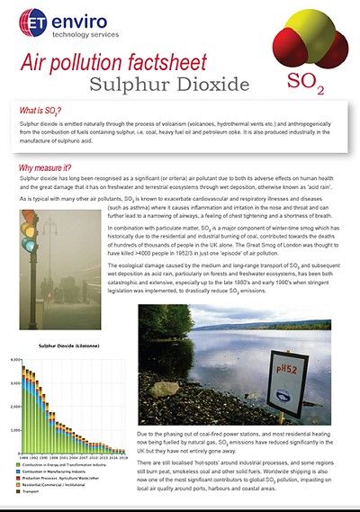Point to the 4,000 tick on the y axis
pos(27,359)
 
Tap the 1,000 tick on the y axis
pos(27,421)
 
